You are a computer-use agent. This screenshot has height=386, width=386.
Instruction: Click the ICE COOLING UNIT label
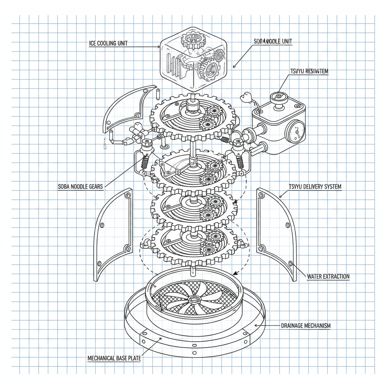(x=108, y=43)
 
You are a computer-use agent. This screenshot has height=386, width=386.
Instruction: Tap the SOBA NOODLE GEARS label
(x=80, y=187)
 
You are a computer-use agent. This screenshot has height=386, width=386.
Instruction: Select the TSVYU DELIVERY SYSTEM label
(x=315, y=187)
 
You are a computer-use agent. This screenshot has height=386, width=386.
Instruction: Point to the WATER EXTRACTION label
(x=328, y=276)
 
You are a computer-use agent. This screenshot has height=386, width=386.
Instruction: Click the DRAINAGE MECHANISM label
(x=306, y=325)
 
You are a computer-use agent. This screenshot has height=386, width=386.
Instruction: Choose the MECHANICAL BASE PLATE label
(x=114, y=358)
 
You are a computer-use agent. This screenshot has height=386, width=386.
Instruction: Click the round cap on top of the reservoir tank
(x=279, y=96)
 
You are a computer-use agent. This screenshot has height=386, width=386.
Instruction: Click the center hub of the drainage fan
(x=195, y=300)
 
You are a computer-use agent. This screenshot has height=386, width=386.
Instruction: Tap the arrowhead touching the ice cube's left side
(x=159, y=47)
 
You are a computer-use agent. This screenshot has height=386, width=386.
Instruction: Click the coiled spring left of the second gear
(x=144, y=163)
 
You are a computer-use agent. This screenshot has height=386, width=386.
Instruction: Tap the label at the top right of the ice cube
(x=271, y=41)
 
